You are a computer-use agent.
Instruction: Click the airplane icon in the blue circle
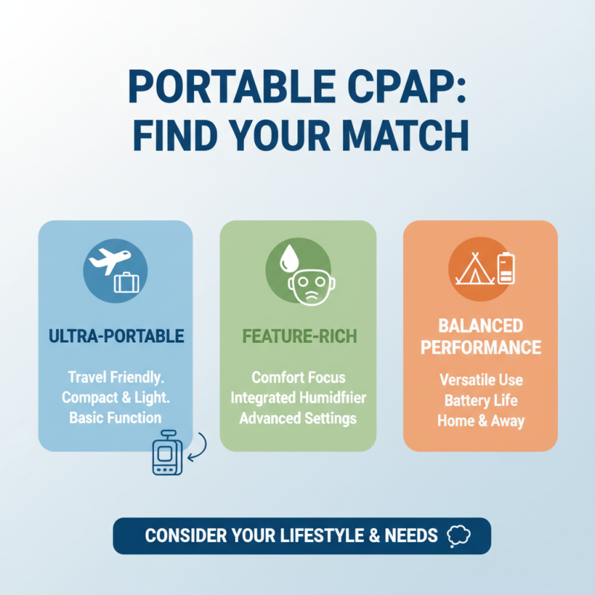(x=109, y=261)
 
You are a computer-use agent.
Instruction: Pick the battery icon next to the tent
(x=506, y=268)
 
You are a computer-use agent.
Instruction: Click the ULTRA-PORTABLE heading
(x=115, y=337)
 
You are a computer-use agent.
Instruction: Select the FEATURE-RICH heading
(x=299, y=337)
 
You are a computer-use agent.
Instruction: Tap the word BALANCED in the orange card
(x=480, y=326)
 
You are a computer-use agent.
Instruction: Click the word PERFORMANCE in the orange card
(x=480, y=347)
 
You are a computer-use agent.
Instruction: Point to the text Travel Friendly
(x=115, y=376)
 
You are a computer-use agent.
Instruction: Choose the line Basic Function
(x=115, y=417)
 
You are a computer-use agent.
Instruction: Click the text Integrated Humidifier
(x=299, y=398)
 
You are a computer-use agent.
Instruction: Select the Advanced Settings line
(x=299, y=418)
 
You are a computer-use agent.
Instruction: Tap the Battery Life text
(x=480, y=401)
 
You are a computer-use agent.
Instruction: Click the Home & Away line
(x=480, y=421)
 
